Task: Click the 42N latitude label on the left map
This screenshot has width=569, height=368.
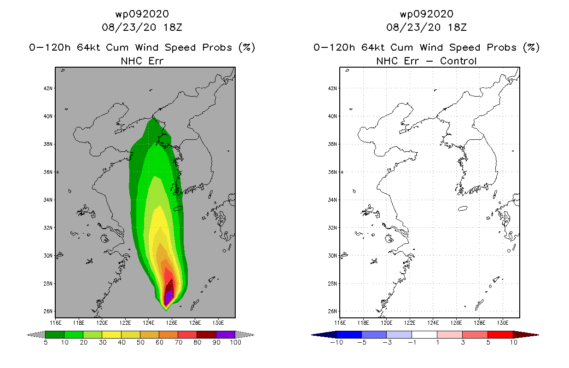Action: tap(48, 88)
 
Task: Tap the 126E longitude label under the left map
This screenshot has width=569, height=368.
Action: tap(172, 323)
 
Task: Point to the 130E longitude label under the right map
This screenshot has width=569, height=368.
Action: tap(503, 323)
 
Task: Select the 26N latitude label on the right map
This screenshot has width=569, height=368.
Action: tap(332, 311)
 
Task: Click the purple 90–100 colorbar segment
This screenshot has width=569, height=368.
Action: tap(226, 334)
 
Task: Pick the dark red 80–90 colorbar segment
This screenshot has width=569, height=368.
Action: tap(207, 334)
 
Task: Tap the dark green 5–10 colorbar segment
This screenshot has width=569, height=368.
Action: tap(55, 334)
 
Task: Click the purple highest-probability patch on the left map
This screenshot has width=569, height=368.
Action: tap(168, 296)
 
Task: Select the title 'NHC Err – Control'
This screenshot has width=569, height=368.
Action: tap(426, 61)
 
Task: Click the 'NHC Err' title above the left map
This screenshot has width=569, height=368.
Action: tap(142, 61)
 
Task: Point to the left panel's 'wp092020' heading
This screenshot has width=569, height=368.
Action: tap(142, 14)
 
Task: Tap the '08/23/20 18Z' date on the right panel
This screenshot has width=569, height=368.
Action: tap(426, 27)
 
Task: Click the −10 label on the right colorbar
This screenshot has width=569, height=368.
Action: tap(337, 342)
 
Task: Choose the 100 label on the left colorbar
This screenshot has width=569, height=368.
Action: tap(235, 342)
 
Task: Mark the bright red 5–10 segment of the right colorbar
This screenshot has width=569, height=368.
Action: tap(500, 334)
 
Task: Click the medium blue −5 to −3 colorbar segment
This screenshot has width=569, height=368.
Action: tap(374, 334)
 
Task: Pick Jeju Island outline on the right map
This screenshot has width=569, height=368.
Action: tap(463, 209)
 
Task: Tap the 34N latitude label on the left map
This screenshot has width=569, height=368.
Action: tap(48, 200)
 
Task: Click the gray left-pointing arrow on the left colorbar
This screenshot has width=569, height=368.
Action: tap(36, 334)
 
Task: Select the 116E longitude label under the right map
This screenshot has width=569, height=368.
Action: tap(340, 323)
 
